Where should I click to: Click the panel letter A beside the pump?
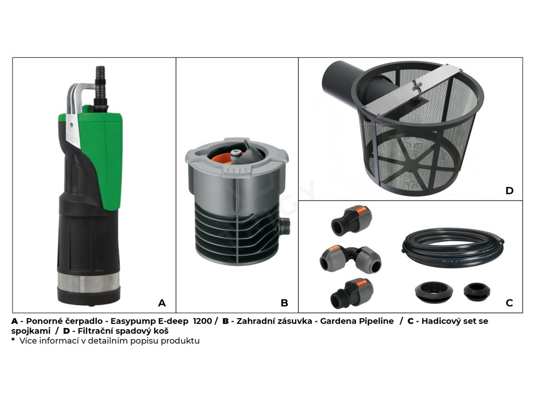162,303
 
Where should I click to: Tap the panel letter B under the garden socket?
284,303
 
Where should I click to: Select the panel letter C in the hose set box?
509,303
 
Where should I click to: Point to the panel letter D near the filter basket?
509,191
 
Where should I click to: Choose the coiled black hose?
453,248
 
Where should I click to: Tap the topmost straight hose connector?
351,220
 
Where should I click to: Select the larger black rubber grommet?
434,292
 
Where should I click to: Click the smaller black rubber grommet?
477,292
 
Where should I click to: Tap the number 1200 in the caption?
202,321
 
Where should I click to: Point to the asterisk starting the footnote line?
13,340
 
